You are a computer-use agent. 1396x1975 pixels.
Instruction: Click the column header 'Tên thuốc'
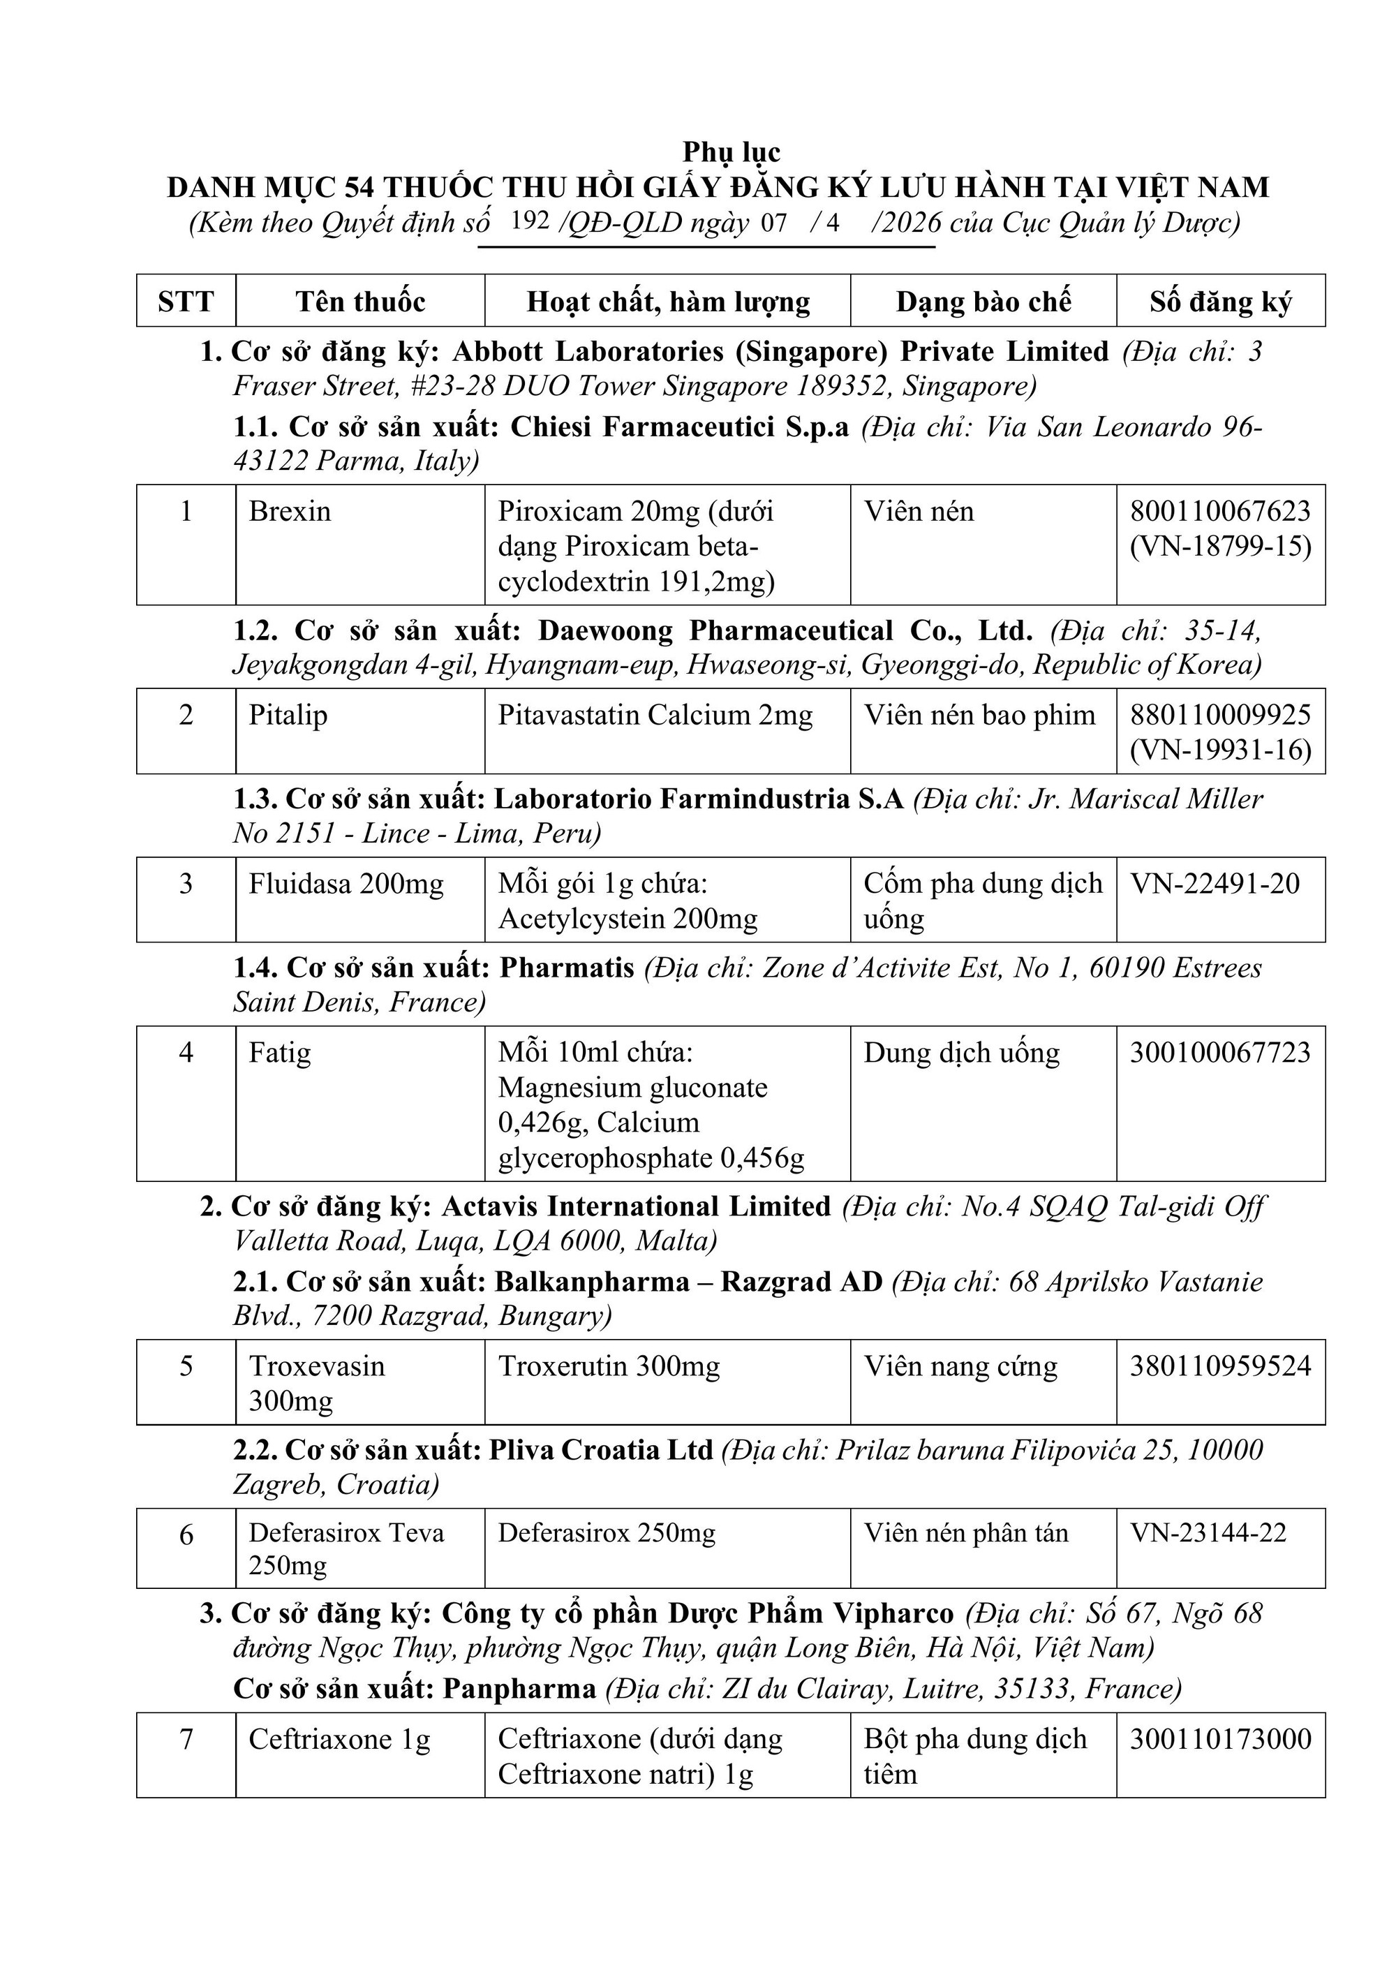359,301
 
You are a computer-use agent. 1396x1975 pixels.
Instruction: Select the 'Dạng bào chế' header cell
983,301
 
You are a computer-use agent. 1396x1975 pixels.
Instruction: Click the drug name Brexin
290,511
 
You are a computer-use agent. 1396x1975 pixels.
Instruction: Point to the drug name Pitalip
288,715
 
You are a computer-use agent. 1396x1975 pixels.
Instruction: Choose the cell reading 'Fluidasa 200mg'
346,883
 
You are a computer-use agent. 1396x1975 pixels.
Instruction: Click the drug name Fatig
279,1052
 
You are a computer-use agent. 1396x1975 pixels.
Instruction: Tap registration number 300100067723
1219,1052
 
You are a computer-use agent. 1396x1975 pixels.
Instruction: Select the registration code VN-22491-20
1214,883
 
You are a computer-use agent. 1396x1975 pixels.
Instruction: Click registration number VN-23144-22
1208,1532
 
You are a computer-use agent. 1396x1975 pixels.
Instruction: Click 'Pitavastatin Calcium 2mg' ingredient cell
655,715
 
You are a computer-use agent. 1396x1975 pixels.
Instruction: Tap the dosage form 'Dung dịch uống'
960,1052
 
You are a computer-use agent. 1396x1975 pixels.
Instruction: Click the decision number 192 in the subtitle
529,221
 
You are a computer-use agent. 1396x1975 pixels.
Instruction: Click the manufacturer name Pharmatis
567,968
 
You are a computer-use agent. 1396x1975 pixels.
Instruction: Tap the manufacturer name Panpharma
519,1689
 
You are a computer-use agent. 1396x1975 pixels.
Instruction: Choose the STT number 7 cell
186,1739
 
